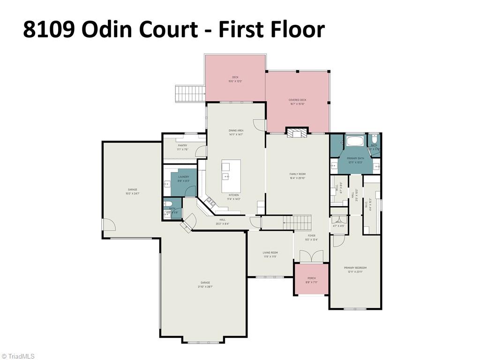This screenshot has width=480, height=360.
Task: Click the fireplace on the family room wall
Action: (x=297, y=133)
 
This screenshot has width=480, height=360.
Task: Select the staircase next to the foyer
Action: (x=297, y=221)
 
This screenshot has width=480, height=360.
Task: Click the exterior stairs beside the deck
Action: (x=189, y=94)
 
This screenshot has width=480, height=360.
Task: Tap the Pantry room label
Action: (x=182, y=147)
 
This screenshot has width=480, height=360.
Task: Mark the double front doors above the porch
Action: (x=311, y=256)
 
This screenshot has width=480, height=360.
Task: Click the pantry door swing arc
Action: (x=201, y=151)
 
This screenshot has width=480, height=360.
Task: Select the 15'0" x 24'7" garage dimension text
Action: (x=133, y=194)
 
